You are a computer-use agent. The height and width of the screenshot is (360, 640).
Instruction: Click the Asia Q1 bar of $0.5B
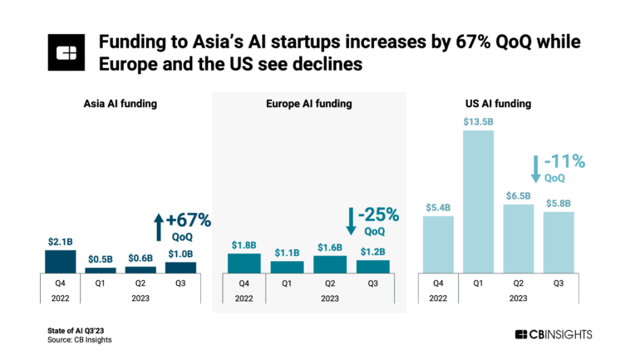tap(101, 270)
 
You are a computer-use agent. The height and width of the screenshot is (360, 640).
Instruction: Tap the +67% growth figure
tap(190, 220)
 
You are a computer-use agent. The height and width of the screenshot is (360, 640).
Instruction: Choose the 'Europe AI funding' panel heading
tap(310, 104)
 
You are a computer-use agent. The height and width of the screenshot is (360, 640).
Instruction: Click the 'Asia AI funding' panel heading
tap(121, 104)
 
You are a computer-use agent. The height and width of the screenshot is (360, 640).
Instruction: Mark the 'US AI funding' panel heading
tap(498, 104)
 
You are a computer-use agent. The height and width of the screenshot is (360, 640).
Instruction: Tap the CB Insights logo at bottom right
tap(554, 334)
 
